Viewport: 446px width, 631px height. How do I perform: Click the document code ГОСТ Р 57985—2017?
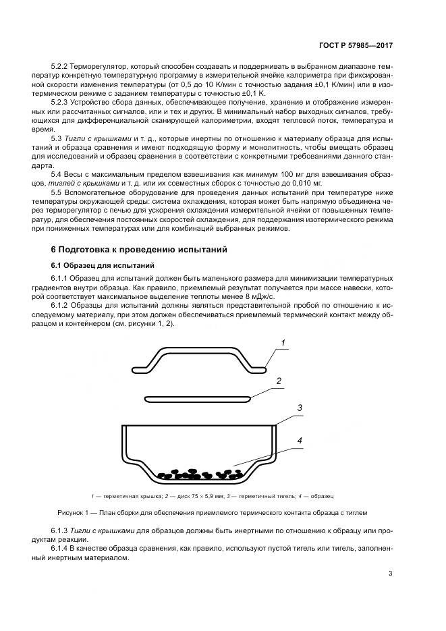coord(356,45)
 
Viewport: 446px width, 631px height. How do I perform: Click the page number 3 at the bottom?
coord(390,574)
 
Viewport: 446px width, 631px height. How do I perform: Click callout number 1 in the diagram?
coord(284,344)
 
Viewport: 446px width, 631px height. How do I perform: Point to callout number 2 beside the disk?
coord(278,381)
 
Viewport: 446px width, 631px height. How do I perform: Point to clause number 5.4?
coord(57,175)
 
